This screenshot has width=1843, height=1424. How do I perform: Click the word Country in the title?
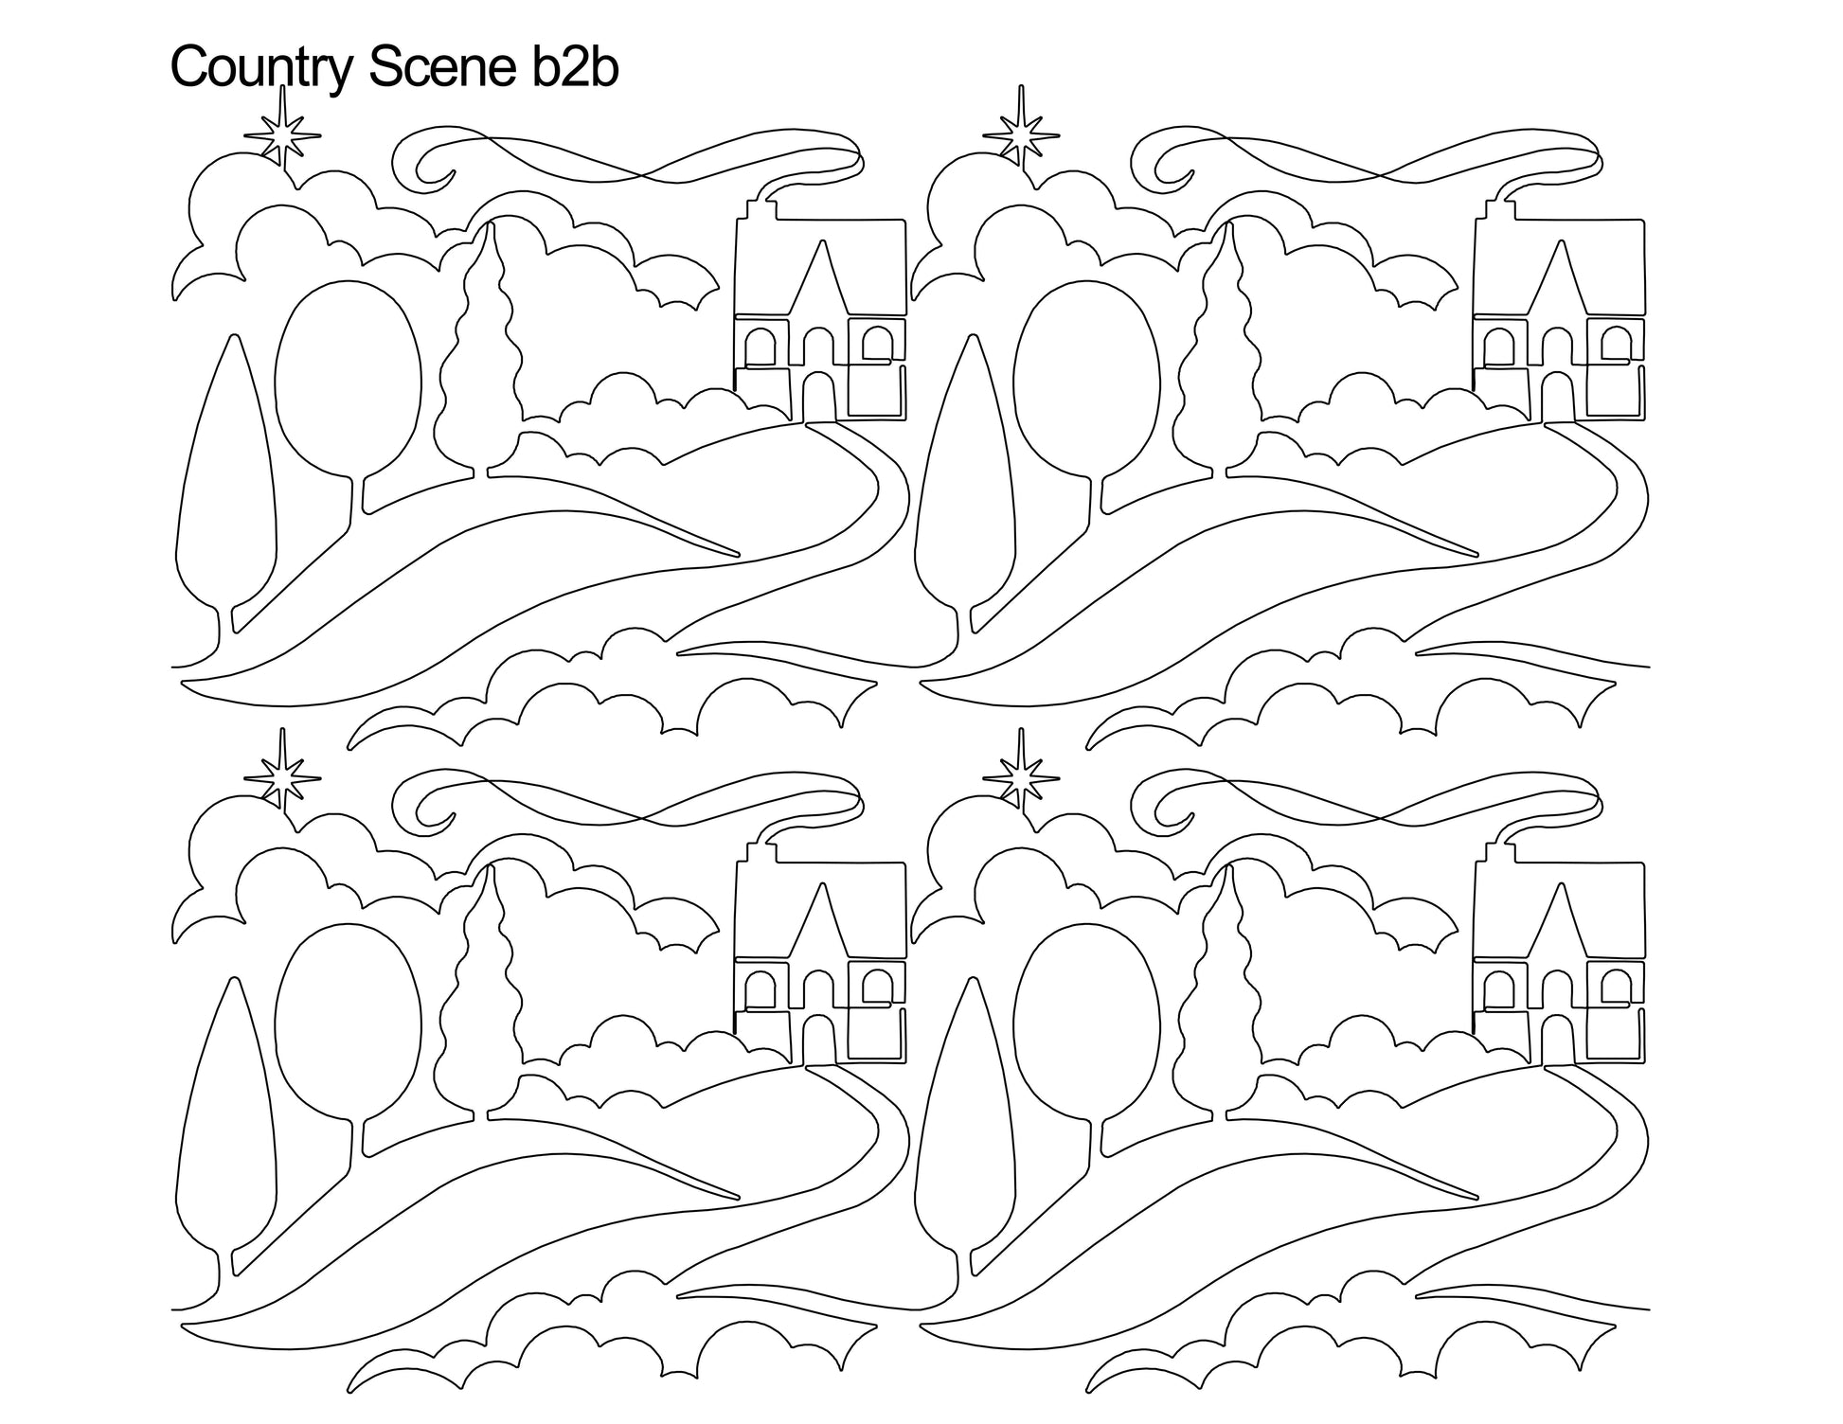pos(260,68)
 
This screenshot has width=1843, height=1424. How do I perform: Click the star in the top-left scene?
pos(282,133)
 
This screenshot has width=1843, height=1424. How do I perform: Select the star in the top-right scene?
pos(1021,133)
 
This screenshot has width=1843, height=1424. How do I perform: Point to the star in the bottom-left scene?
pos(282,776)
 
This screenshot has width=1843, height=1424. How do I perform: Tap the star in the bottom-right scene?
pos(1021,776)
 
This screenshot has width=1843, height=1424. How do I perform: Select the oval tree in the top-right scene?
pos(1087,398)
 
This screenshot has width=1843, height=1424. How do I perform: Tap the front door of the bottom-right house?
pos(1556,1038)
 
